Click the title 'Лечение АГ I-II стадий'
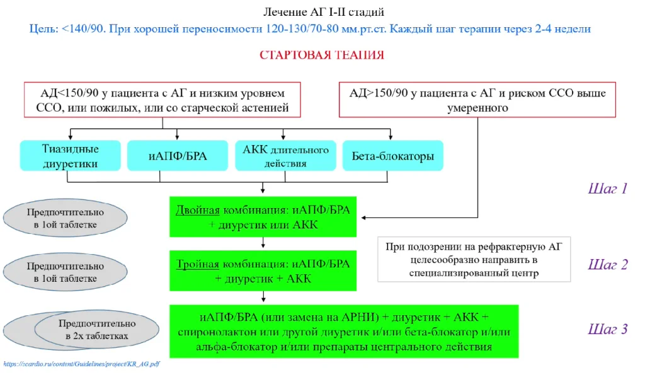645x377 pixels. [322, 12]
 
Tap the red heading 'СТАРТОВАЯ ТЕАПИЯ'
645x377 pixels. [321, 55]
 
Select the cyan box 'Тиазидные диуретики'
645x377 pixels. [70, 156]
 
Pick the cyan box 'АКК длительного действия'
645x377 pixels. [283, 156]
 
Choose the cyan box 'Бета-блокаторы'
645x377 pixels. [392, 156]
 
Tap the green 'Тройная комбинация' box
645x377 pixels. [263, 270]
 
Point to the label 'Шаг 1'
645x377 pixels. [608, 188]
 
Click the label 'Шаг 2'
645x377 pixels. [608, 264]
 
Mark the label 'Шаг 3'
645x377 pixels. [608, 329]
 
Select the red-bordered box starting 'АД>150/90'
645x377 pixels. [477, 100]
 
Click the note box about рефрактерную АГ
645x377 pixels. [474, 259]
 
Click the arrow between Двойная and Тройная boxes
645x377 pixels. [263, 244]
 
